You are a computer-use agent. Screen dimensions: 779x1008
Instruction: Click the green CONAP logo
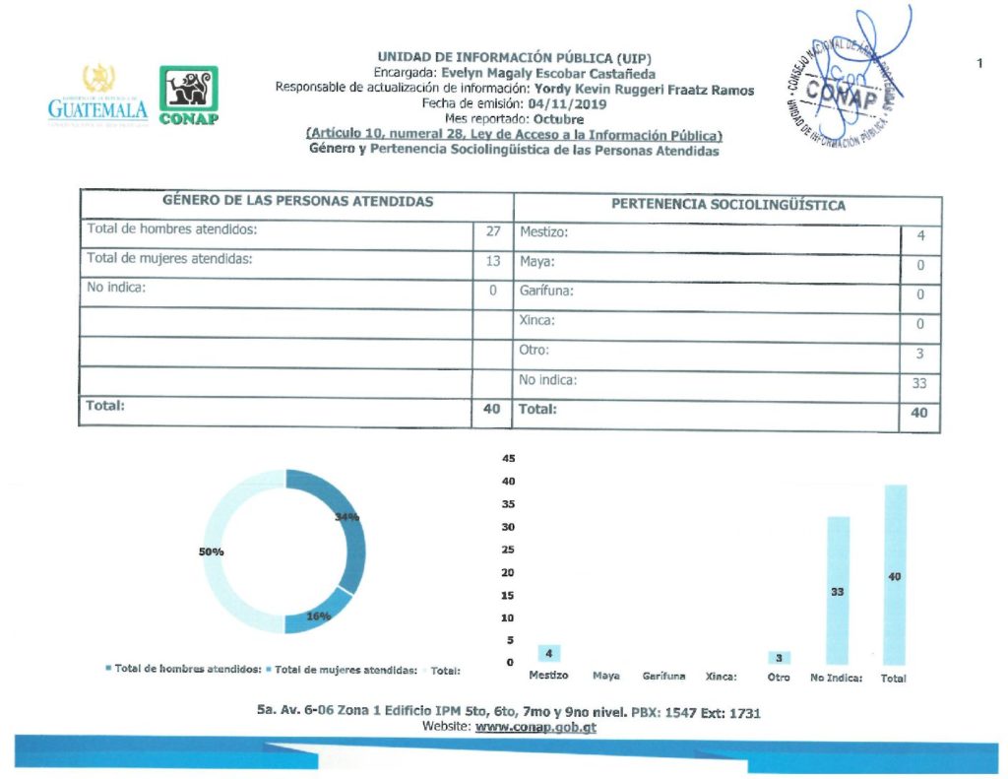(189, 96)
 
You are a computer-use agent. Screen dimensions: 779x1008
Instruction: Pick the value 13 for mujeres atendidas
(493, 262)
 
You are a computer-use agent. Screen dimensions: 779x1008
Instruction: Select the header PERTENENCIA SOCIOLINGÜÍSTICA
(727, 206)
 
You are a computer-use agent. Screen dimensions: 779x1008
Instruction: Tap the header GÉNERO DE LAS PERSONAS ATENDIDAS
(297, 201)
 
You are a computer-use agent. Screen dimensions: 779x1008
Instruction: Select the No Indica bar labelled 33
(838, 590)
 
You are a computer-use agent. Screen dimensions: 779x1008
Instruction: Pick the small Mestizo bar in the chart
(549, 653)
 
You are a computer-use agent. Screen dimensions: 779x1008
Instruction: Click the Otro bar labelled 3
(779, 657)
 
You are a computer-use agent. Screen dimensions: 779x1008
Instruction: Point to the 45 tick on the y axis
(509, 459)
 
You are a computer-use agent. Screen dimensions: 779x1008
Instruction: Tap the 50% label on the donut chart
(212, 552)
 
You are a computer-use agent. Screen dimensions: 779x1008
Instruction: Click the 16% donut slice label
(318, 617)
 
